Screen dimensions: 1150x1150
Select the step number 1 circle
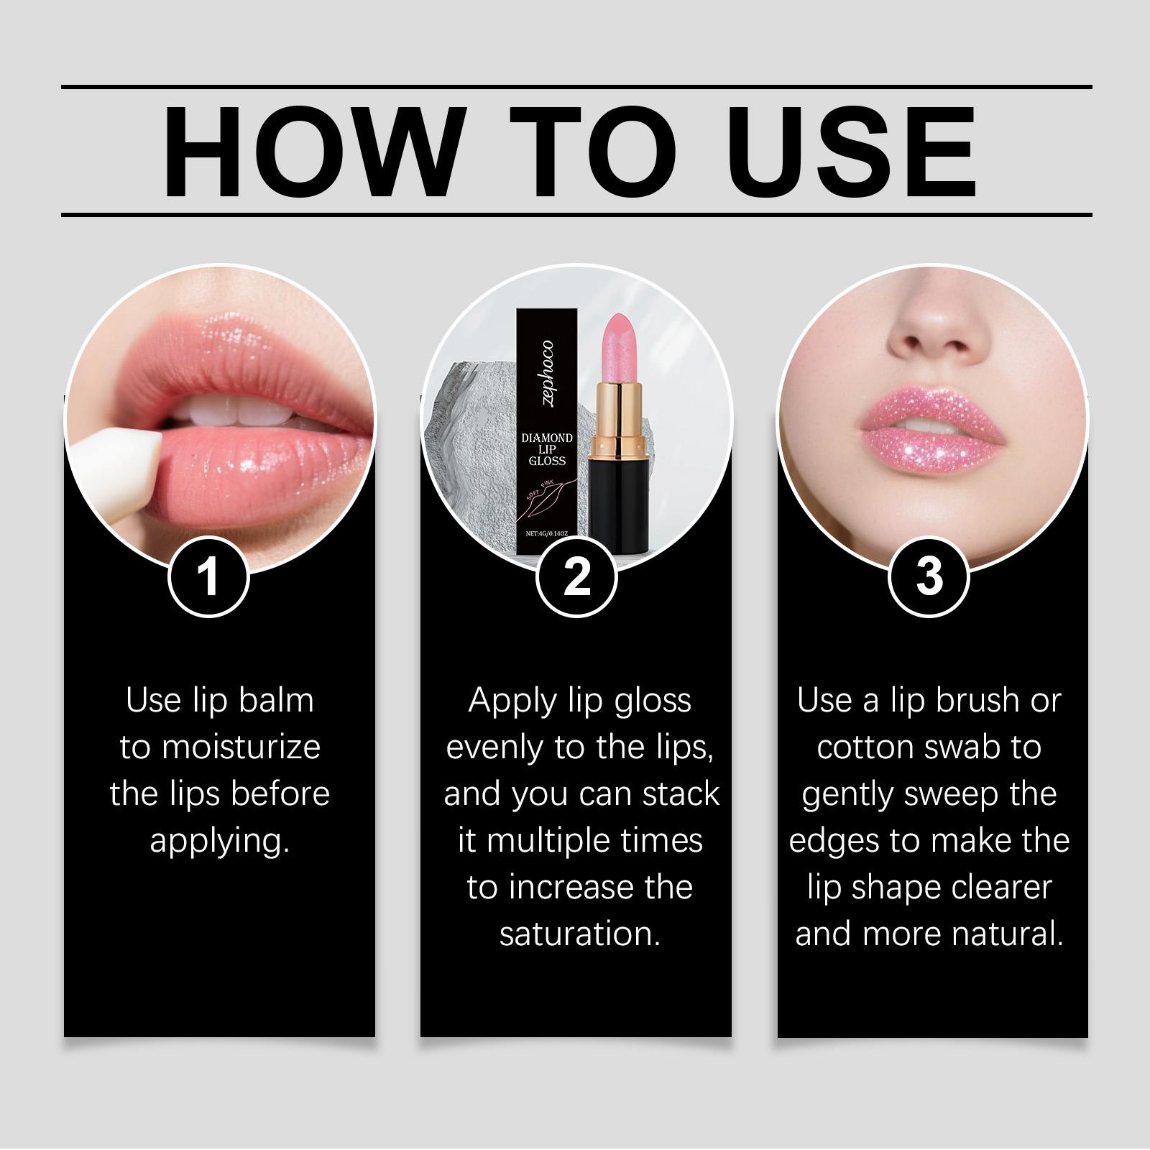click(x=208, y=576)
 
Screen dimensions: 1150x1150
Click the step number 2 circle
click(x=576, y=576)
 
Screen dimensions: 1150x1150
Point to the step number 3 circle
click(x=929, y=576)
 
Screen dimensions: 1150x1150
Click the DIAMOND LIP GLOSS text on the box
click(x=547, y=449)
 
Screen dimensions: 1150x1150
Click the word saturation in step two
click(x=579, y=934)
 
